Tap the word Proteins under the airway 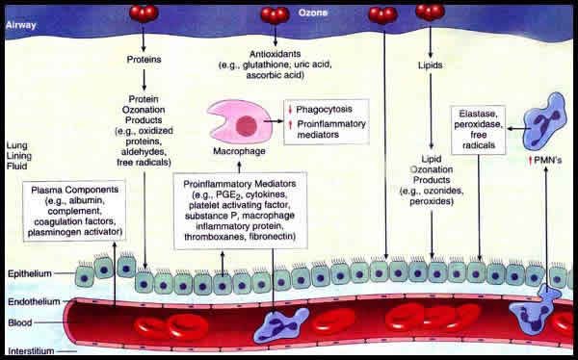[143, 60]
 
